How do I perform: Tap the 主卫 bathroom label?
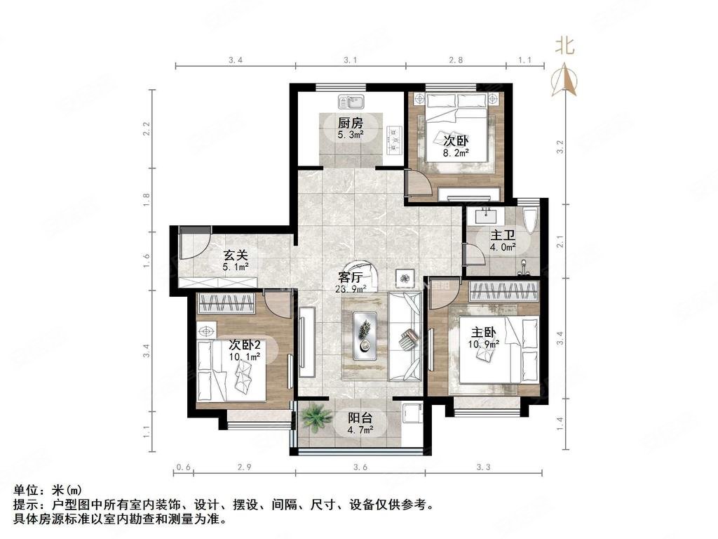(502, 236)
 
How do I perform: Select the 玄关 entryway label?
(234, 256)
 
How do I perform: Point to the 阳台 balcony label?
(360, 418)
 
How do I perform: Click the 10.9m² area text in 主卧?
(484, 344)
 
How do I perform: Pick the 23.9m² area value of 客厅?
(351, 288)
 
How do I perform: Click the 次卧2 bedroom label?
(245, 345)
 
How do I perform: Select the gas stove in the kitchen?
(393, 138)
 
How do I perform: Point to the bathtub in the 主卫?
(531, 222)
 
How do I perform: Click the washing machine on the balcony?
(411, 415)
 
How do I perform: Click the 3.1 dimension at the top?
(350, 60)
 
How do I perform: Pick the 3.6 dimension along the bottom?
(360, 467)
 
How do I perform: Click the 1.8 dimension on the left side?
(147, 199)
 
